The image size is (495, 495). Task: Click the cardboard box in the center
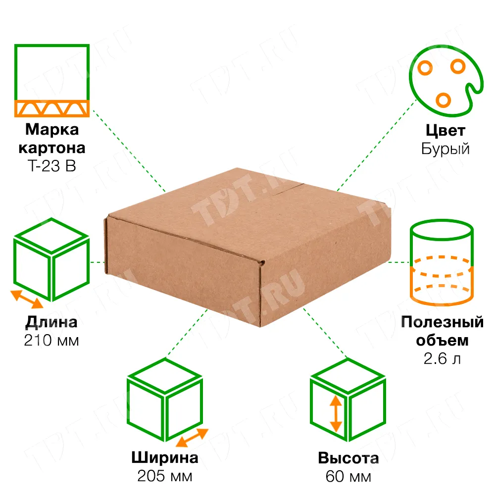click(247, 247)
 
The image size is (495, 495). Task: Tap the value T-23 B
click(52, 166)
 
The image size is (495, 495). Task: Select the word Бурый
click(445, 149)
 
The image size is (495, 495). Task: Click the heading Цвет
click(445, 130)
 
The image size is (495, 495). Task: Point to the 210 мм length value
click(51, 341)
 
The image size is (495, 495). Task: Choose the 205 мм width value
click(165, 476)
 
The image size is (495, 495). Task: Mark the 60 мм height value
click(348, 476)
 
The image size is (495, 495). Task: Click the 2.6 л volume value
click(442, 358)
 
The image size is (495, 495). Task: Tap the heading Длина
click(51, 322)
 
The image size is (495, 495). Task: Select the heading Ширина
click(165, 457)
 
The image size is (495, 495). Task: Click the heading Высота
click(348, 458)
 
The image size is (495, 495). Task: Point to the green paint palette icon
click(446, 81)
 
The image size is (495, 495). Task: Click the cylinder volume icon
click(442, 263)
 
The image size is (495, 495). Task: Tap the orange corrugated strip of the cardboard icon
click(52, 108)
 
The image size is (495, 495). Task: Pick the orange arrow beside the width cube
click(192, 438)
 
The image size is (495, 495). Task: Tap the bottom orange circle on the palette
click(443, 100)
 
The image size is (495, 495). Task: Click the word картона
click(52, 148)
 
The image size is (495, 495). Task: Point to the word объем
click(442, 341)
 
